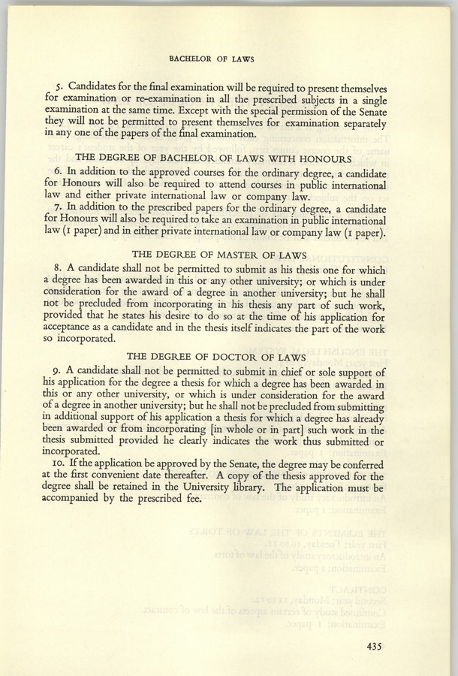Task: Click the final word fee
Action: (192, 500)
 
